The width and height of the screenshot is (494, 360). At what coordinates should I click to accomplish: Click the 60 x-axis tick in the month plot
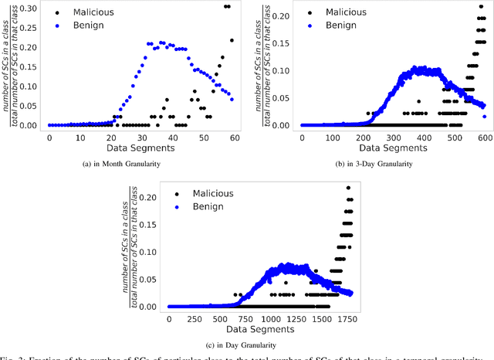coord(233,137)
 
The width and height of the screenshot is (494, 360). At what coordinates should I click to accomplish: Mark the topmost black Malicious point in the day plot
coord(348,187)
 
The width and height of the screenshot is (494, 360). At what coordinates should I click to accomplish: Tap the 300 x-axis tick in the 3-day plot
coord(381,137)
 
